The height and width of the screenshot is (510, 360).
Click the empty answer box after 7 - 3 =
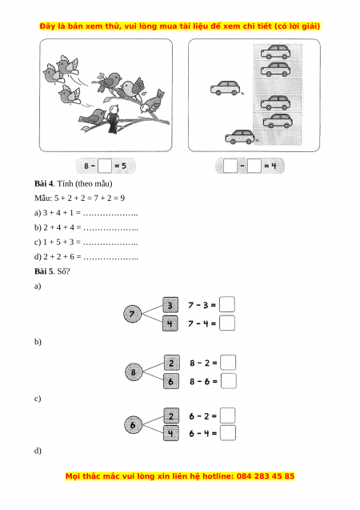(x=226, y=305)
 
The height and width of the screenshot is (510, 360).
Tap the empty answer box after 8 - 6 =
(x=229, y=381)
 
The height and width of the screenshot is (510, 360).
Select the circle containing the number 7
(x=133, y=314)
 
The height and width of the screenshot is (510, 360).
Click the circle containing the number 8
(x=134, y=372)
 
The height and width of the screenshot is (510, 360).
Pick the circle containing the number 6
(x=133, y=425)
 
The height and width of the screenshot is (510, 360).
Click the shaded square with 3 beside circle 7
(x=170, y=305)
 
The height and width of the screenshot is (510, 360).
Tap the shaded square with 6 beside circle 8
(x=171, y=381)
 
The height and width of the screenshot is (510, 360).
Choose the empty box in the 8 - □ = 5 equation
(x=105, y=166)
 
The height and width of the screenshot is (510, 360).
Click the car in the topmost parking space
(x=276, y=52)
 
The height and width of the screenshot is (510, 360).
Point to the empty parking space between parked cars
(x=278, y=86)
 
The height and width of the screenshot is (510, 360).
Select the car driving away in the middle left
(x=226, y=88)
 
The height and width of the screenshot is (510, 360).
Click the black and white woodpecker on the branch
(x=113, y=118)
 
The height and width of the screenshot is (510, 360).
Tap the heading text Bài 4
(x=44, y=184)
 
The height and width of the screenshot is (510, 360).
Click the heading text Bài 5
(x=44, y=271)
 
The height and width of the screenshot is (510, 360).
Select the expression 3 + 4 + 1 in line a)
(x=58, y=213)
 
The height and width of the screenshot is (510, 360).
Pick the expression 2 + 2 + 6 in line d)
(x=59, y=257)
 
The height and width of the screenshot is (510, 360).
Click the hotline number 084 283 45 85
(x=266, y=476)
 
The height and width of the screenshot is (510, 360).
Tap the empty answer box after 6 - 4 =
(x=228, y=433)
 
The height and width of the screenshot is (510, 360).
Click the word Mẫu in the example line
(x=42, y=198)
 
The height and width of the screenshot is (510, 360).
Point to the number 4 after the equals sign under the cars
(x=274, y=166)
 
